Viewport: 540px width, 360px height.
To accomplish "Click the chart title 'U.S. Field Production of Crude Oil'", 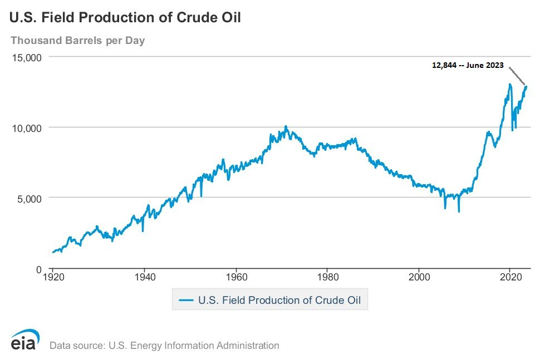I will (125, 18).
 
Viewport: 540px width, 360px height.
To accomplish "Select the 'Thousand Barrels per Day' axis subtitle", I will (77, 41).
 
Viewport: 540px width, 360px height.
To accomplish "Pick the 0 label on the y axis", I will (40, 269).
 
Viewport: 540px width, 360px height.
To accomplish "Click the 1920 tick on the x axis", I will (52, 277).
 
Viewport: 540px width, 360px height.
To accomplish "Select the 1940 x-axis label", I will (144, 277).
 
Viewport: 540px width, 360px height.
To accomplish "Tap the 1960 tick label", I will (236, 277).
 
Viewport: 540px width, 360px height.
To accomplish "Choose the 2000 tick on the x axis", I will (419, 277).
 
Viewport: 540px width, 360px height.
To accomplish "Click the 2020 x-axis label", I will (510, 277).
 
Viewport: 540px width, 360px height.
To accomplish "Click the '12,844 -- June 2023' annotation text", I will (468, 65).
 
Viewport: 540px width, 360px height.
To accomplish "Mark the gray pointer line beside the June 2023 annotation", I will (517, 76).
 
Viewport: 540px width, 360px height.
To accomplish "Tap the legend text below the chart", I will (279, 300).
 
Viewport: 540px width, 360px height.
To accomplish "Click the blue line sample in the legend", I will (185, 300).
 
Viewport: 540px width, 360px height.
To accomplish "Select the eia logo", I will (24, 341).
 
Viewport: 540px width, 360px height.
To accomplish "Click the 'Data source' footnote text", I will (164, 346).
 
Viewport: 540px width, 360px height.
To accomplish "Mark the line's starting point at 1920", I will (53, 252).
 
